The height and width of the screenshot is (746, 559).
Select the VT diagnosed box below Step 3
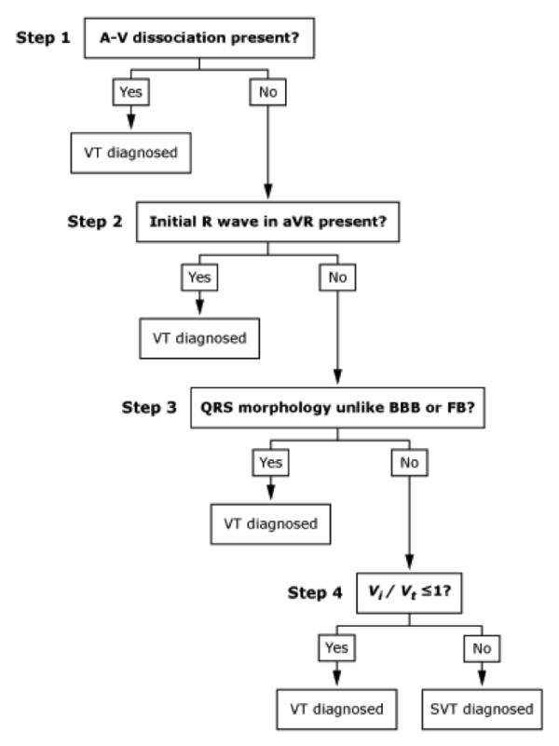pos(264,523)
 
